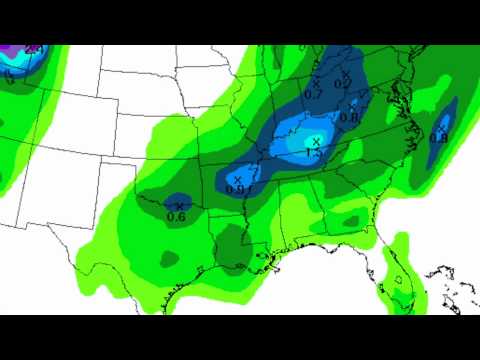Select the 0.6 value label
pos(176,216)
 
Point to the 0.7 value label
pos(313,94)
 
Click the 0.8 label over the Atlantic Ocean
pos(438,137)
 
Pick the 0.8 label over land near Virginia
pos(349,118)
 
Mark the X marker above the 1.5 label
pos(315,141)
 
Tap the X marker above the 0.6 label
pos(179,206)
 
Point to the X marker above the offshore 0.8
pos(441,128)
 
